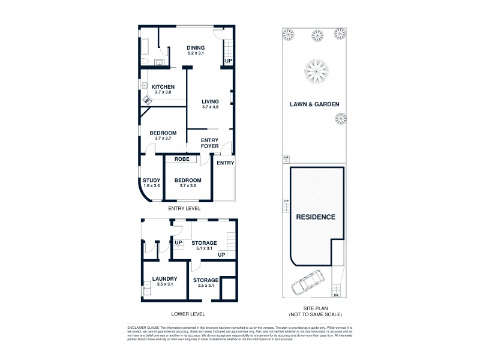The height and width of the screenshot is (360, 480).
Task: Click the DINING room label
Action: [x=196, y=48]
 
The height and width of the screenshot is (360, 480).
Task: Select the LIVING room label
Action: [x=210, y=101]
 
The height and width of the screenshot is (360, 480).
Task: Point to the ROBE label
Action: [x=182, y=160]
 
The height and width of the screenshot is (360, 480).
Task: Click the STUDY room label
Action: [x=151, y=180]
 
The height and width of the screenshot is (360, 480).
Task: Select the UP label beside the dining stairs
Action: [x=228, y=61]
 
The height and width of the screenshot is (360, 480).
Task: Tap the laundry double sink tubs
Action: [x=146, y=290]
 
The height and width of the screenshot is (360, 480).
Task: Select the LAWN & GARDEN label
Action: [x=316, y=104]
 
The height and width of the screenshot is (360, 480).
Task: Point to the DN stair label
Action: [x=336, y=295]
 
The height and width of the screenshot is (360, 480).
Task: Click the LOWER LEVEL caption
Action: [x=188, y=314]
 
